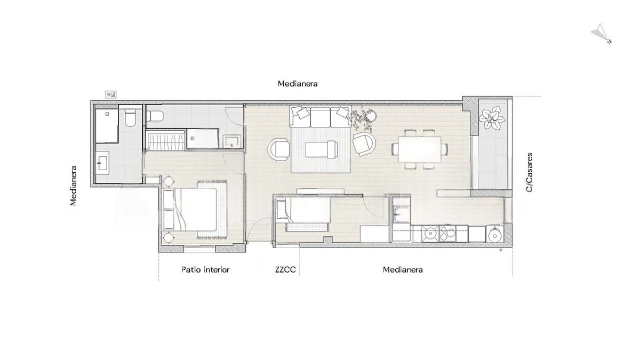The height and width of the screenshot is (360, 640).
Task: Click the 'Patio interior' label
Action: tap(205, 270)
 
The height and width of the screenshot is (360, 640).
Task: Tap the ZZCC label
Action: tap(285, 270)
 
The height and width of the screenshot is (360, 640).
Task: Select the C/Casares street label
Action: tap(529, 173)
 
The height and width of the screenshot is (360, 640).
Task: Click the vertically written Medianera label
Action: tap(74, 186)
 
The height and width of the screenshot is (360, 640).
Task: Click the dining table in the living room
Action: tap(419, 149)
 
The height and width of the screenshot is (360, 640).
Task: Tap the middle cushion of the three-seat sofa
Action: tap(321, 117)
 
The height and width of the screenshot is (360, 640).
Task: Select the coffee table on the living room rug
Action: tap(322, 149)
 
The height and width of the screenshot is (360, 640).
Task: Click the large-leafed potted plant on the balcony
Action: tap(492, 118)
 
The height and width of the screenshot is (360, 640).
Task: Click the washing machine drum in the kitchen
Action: tap(494, 235)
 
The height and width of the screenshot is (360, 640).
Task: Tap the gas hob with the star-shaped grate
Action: tap(430, 234)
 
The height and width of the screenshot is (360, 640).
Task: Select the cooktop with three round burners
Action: tap(447, 234)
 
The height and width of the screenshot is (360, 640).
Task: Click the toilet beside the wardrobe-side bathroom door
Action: tap(155, 116)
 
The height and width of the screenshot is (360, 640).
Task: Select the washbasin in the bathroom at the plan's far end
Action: tap(102, 161)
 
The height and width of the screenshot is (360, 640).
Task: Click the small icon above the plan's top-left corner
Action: tap(110, 94)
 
